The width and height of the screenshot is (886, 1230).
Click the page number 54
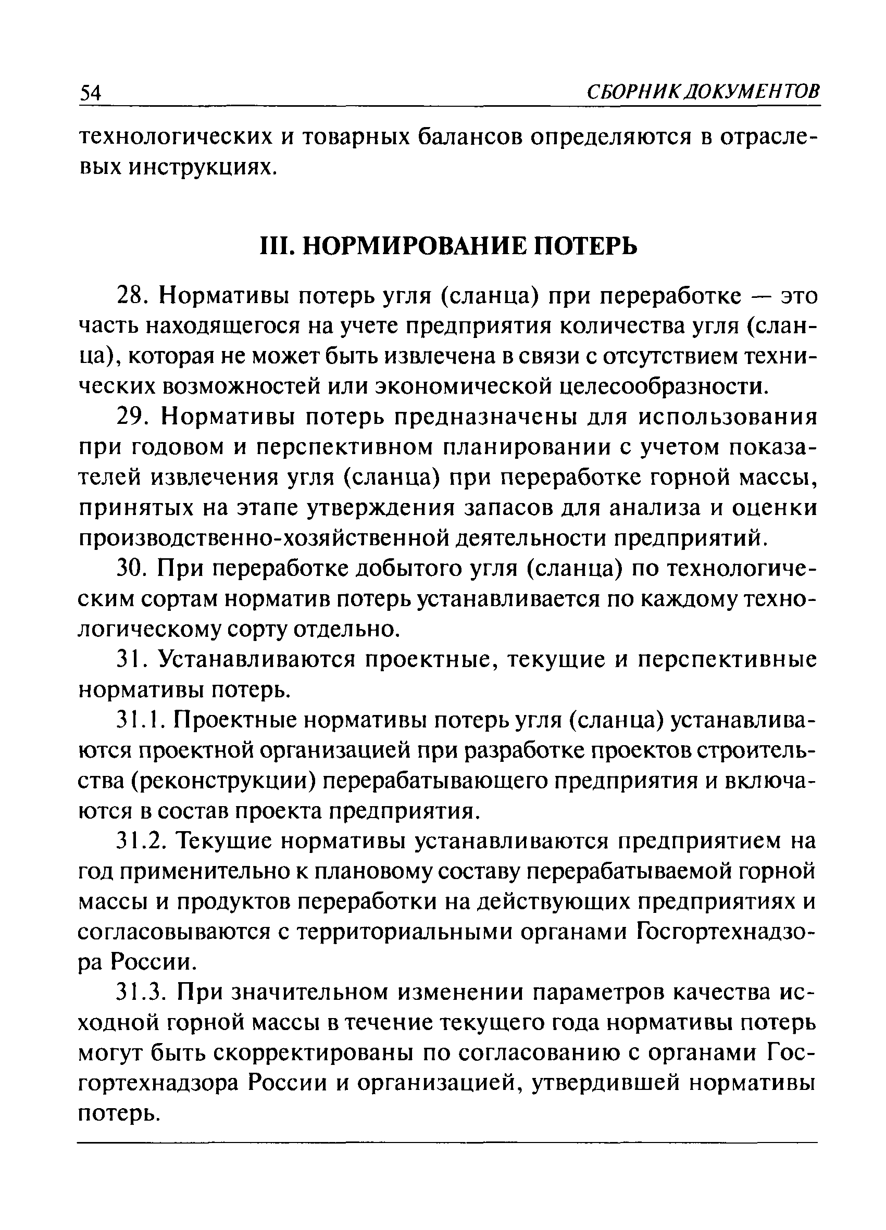(91, 93)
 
